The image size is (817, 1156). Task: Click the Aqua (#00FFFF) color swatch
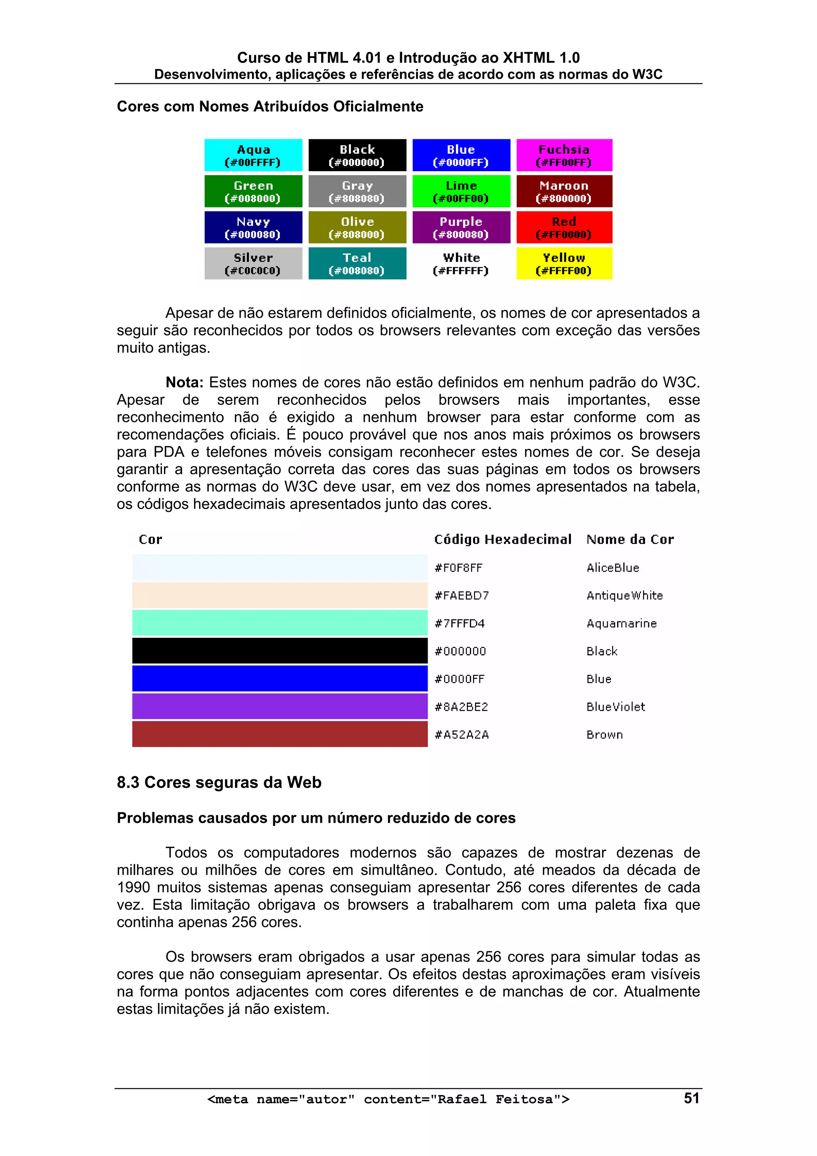[x=253, y=156]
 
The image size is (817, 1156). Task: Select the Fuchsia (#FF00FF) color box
[x=564, y=156]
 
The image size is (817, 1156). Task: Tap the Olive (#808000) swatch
[x=357, y=227]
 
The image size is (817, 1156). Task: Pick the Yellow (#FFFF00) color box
[x=564, y=263]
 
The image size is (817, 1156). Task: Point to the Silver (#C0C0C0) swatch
[x=253, y=263]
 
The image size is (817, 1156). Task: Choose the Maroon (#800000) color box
[x=564, y=191]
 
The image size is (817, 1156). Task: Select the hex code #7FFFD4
[x=459, y=623]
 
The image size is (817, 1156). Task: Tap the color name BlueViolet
[x=615, y=707]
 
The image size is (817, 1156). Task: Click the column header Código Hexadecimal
[x=502, y=539]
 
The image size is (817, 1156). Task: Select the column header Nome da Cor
[x=630, y=539]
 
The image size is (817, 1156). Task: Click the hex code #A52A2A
[x=462, y=735]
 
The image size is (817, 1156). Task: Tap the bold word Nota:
[x=184, y=383]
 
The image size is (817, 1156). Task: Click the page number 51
[x=691, y=1098]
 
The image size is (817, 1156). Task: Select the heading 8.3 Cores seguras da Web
[x=219, y=783]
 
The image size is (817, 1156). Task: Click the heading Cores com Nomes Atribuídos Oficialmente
[x=270, y=107]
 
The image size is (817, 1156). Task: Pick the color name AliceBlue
[x=613, y=568]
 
